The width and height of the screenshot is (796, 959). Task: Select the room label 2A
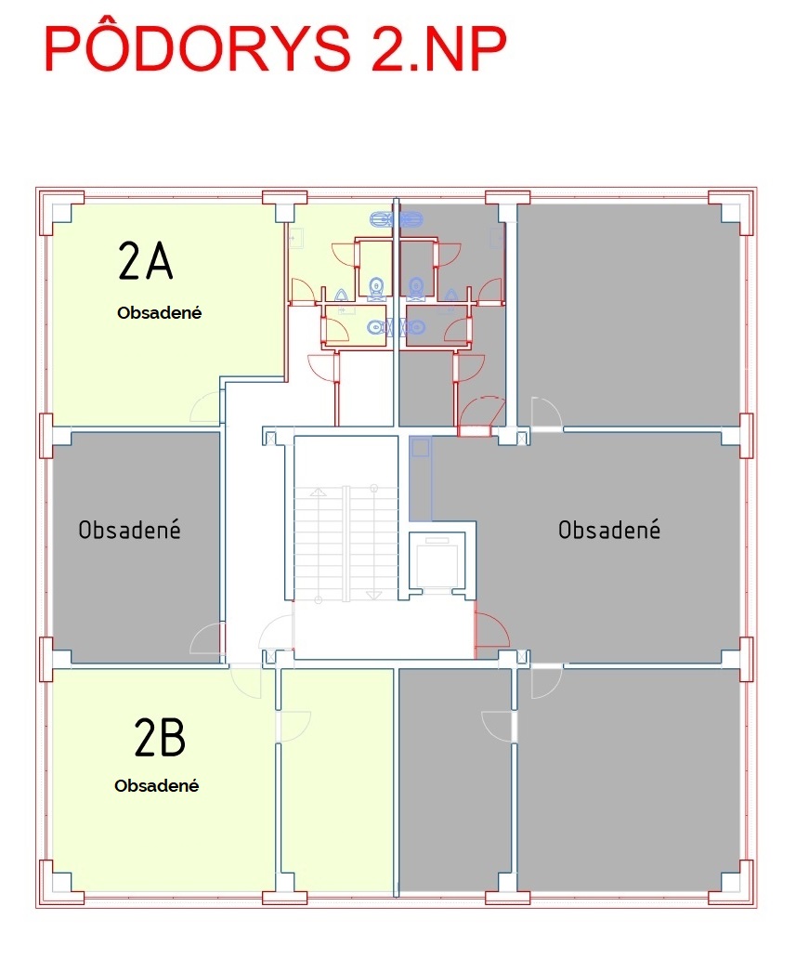click(146, 261)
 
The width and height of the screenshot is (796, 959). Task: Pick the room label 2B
click(160, 737)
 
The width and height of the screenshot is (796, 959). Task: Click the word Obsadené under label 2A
click(159, 312)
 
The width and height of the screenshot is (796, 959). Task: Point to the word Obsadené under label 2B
click(157, 785)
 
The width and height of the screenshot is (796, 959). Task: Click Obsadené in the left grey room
click(130, 529)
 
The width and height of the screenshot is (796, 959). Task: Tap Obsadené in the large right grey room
click(609, 529)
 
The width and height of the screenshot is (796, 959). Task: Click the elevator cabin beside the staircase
click(437, 558)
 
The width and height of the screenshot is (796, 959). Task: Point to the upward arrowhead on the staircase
click(318, 492)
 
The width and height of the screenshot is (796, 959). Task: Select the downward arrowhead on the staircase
click(373, 595)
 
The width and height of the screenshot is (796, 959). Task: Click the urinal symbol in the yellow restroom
click(341, 296)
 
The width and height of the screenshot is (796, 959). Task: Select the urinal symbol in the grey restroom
click(451, 296)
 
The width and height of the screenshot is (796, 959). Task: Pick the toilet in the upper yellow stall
click(376, 287)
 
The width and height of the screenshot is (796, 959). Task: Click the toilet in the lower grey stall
click(414, 327)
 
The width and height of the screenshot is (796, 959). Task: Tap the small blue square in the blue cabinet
click(421, 447)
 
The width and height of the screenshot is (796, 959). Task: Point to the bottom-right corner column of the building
click(731, 882)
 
